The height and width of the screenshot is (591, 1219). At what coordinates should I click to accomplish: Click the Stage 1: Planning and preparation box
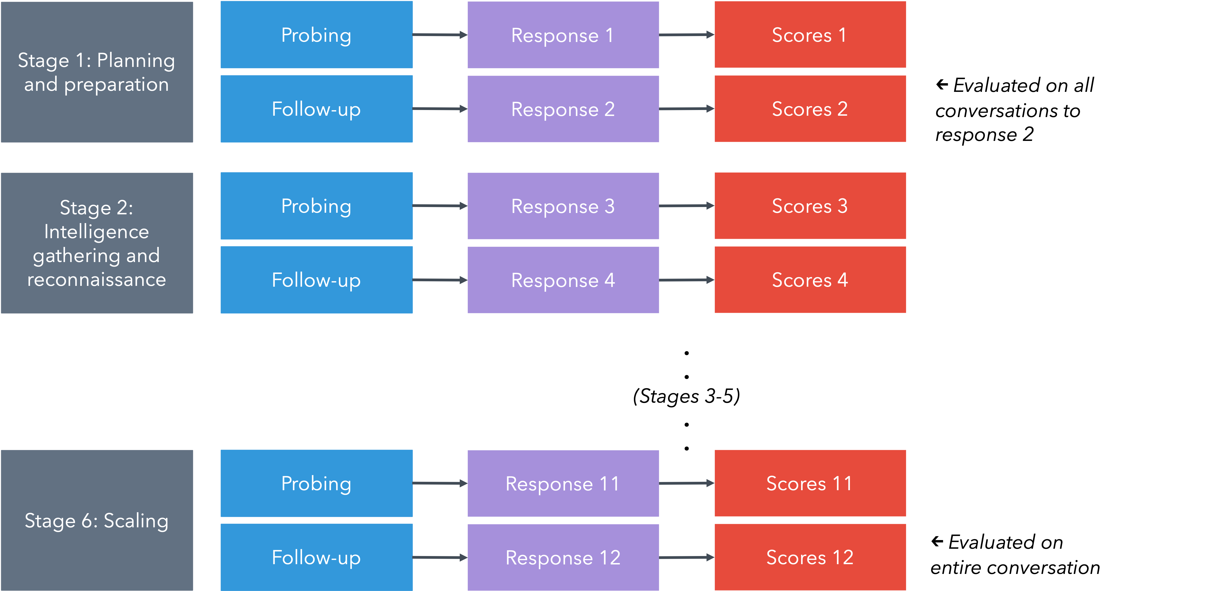pos(96,72)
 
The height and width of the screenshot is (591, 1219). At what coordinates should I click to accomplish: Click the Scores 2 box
pos(810,109)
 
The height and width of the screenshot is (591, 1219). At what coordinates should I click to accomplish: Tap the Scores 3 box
pos(810,206)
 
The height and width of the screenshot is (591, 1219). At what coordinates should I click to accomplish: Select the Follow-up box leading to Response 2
pos(316,109)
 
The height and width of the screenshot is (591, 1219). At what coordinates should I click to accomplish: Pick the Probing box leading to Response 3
pos(316,206)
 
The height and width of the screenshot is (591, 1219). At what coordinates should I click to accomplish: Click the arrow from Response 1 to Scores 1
pos(686,34)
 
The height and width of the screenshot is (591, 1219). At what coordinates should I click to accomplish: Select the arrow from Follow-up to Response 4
pos(440,280)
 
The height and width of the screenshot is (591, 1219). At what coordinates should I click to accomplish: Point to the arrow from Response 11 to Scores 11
pos(686,483)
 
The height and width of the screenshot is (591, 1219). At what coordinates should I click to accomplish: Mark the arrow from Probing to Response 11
pos(440,483)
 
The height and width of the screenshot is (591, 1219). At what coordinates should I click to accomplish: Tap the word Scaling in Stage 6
pos(136,521)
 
